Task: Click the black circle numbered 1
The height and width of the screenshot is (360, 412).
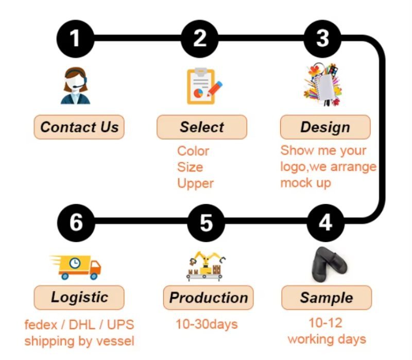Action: (x=75, y=38)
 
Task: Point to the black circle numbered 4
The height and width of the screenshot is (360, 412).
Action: (x=325, y=223)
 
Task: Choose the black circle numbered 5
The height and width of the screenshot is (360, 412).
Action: (x=206, y=223)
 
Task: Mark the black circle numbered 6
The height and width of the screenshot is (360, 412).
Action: (x=76, y=223)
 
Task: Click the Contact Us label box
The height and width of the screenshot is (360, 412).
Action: (x=79, y=127)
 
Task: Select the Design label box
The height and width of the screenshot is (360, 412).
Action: (x=325, y=127)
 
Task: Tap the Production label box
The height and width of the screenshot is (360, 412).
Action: (x=209, y=298)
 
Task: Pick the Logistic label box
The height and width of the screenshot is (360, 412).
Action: (x=79, y=297)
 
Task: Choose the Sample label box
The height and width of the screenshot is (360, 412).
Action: (x=327, y=298)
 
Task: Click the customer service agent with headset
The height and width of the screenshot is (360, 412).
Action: (x=76, y=86)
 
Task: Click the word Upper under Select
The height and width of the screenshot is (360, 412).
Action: (x=195, y=183)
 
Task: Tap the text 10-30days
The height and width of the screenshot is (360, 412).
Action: (x=207, y=324)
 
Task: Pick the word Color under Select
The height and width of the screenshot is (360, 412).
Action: (x=193, y=151)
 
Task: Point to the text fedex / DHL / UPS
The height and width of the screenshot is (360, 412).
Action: (x=79, y=325)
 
